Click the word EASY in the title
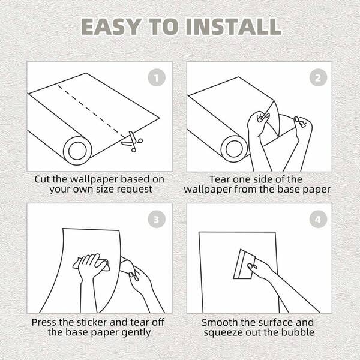click(x=111, y=26)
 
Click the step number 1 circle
click(x=157, y=77)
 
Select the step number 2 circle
click(x=318, y=77)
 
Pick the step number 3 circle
click(x=157, y=219)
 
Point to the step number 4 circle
click(x=318, y=219)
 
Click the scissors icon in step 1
click(x=132, y=142)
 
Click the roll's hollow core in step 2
click(x=234, y=149)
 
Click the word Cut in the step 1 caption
click(x=42, y=179)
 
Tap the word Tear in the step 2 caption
click(x=220, y=179)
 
